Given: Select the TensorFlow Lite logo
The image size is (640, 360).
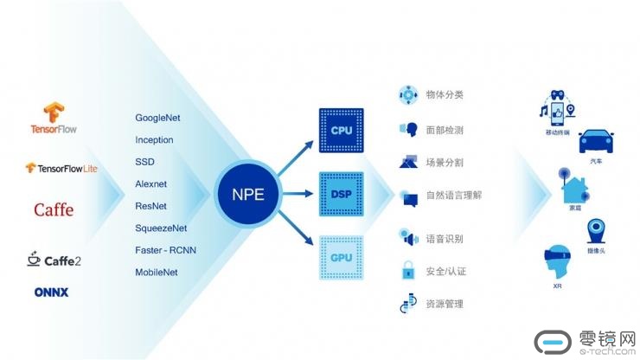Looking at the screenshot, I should pos(61,168).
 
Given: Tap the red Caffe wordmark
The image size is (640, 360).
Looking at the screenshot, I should pos(54,209).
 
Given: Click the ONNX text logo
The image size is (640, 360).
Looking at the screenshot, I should pos(52,292).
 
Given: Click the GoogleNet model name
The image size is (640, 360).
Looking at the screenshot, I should pos(157,118).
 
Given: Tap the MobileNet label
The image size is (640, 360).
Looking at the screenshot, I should pos(157,273).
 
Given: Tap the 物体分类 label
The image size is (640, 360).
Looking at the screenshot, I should pos(446,93).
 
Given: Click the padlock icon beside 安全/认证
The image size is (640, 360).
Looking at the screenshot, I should pos(408,271).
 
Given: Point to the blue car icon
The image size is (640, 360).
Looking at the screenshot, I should pos(597,140).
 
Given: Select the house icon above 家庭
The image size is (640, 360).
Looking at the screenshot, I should pos(574,183).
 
